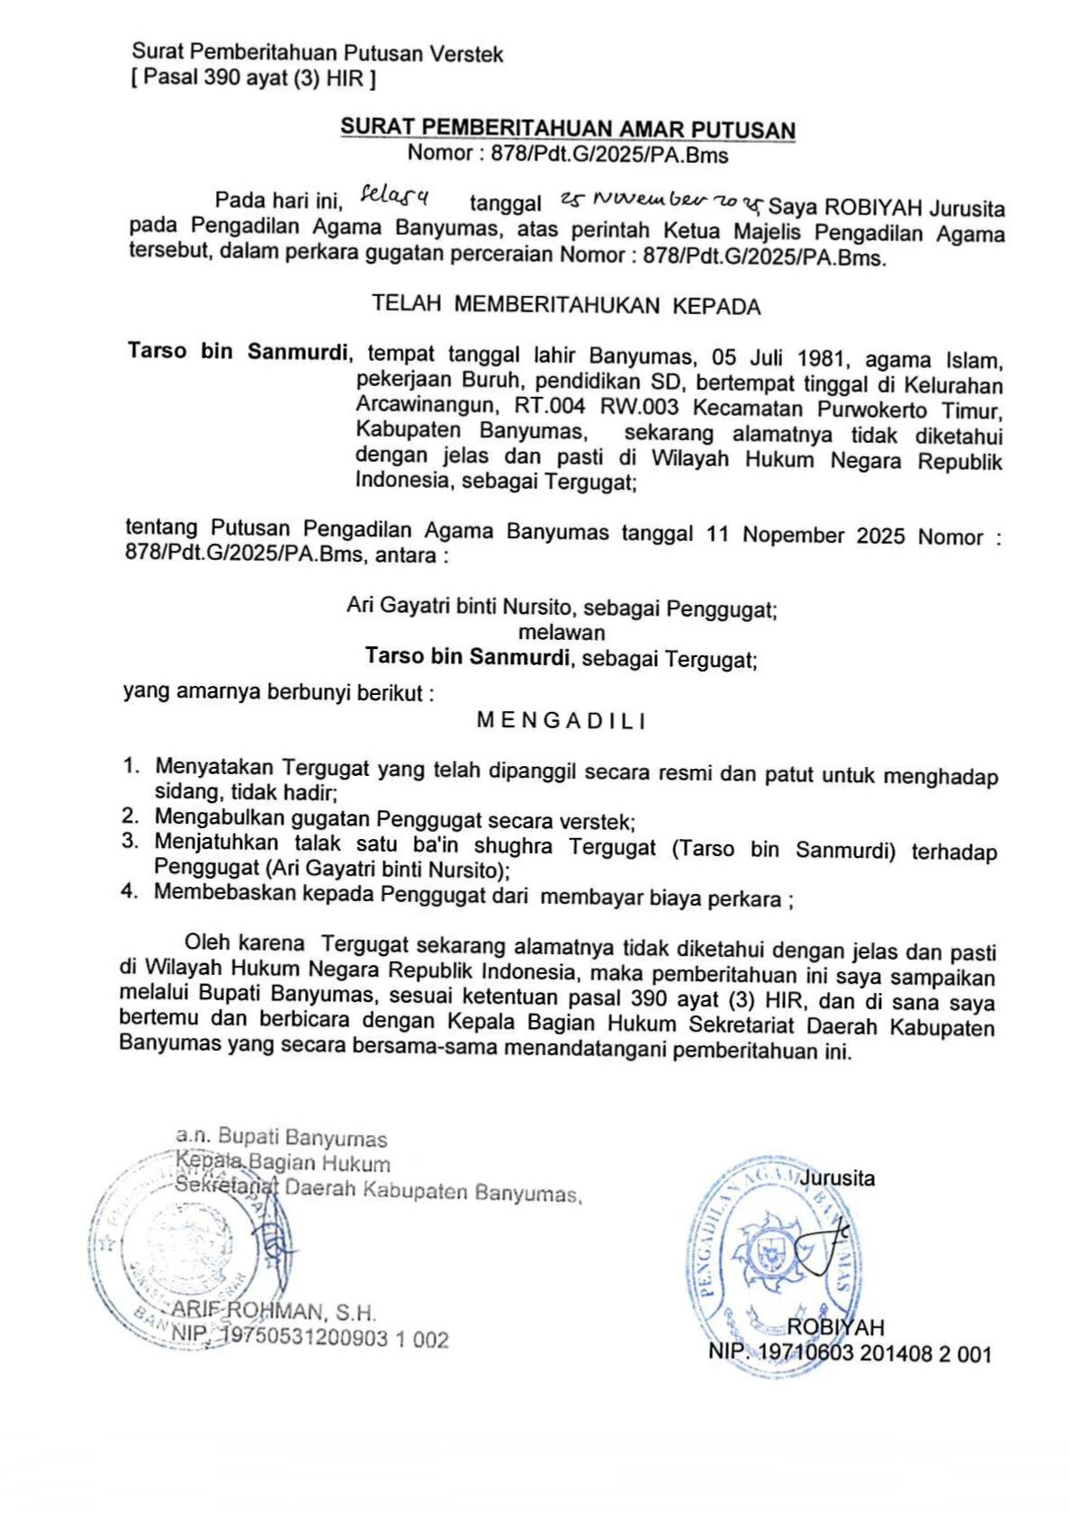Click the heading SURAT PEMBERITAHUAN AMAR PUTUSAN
tap(567, 129)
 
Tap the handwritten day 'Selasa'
tap(393, 195)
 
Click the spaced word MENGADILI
tap(562, 720)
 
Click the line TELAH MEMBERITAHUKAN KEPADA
tap(566, 305)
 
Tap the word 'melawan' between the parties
tap(562, 632)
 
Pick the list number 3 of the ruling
tap(130, 841)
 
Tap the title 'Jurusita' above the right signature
tap(837, 1177)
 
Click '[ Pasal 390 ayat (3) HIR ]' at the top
tap(253, 78)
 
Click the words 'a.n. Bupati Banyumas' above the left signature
tap(281, 1138)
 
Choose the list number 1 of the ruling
tap(131, 766)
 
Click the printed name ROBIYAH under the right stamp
tap(835, 1327)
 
